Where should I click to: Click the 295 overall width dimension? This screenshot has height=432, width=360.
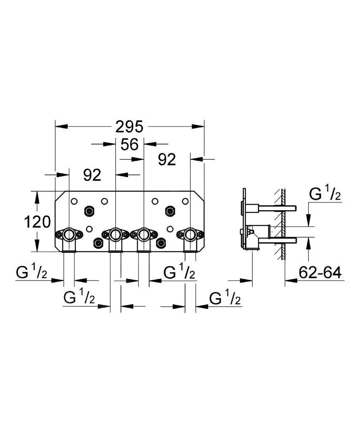130,126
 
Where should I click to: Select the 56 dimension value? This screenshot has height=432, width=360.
129,144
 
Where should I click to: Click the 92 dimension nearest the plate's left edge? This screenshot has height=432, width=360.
92,174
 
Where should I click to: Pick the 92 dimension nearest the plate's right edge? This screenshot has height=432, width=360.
167,159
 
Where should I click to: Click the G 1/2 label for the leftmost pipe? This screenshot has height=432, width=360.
32,273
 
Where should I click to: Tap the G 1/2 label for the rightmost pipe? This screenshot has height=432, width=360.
225,299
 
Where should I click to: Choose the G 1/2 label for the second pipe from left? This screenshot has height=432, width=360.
79,299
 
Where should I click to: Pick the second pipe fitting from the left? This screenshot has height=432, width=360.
115,234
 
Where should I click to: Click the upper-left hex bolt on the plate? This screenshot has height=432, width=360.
89,211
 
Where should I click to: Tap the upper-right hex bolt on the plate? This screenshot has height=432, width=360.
171,211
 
